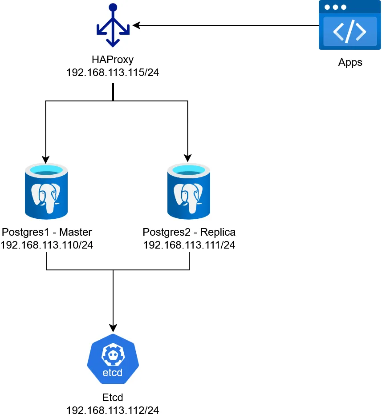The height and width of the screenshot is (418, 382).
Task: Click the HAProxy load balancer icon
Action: (x=113, y=26)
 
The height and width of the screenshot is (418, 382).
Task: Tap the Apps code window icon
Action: (x=349, y=25)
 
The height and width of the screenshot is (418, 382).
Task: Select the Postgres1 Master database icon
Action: (x=46, y=191)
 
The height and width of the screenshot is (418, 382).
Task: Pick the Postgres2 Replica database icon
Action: (x=188, y=191)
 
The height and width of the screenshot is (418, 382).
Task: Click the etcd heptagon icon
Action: (x=113, y=359)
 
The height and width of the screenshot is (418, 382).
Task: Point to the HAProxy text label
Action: (x=113, y=60)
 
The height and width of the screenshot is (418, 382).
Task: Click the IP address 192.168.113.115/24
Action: (x=113, y=72)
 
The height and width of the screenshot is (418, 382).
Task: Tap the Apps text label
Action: (x=350, y=62)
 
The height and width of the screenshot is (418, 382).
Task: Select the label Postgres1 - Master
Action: (x=47, y=232)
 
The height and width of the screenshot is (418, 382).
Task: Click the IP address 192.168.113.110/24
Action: (x=47, y=245)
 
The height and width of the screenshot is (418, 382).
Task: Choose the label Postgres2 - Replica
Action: (x=189, y=232)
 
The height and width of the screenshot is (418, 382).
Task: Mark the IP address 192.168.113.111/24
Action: (x=189, y=245)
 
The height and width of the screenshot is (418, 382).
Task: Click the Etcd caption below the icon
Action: (x=113, y=397)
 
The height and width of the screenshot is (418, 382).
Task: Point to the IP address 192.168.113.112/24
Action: (x=113, y=410)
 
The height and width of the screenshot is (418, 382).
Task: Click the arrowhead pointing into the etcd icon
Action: (x=113, y=328)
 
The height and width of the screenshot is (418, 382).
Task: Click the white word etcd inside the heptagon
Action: (x=113, y=373)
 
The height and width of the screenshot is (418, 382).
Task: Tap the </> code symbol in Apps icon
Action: (x=349, y=32)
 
